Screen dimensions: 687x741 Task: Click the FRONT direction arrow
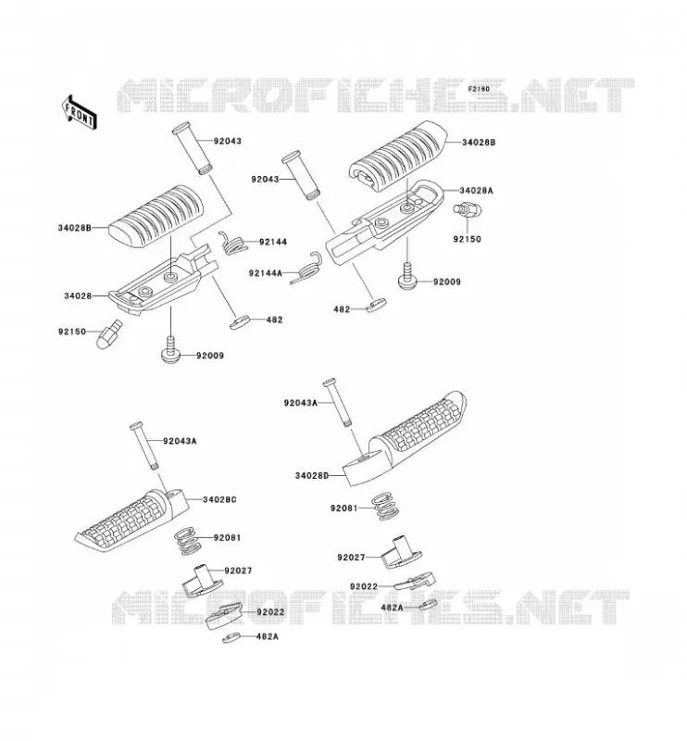(79, 111)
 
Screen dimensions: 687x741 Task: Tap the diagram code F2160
(479, 88)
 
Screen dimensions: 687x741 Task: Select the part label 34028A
(476, 191)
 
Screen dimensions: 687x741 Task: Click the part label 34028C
(219, 499)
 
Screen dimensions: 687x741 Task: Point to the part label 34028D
(311, 475)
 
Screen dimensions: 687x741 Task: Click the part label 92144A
(266, 272)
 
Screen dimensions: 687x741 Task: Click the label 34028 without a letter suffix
(78, 296)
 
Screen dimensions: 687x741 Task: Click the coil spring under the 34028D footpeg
(387, 506)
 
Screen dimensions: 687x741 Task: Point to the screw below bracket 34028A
(406, 277)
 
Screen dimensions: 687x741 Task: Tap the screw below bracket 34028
(170, 351)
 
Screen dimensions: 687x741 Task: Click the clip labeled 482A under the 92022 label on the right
(428, 605)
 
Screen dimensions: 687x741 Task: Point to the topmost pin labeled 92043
(193, 148)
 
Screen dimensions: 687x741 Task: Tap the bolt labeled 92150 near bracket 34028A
(467, 208)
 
